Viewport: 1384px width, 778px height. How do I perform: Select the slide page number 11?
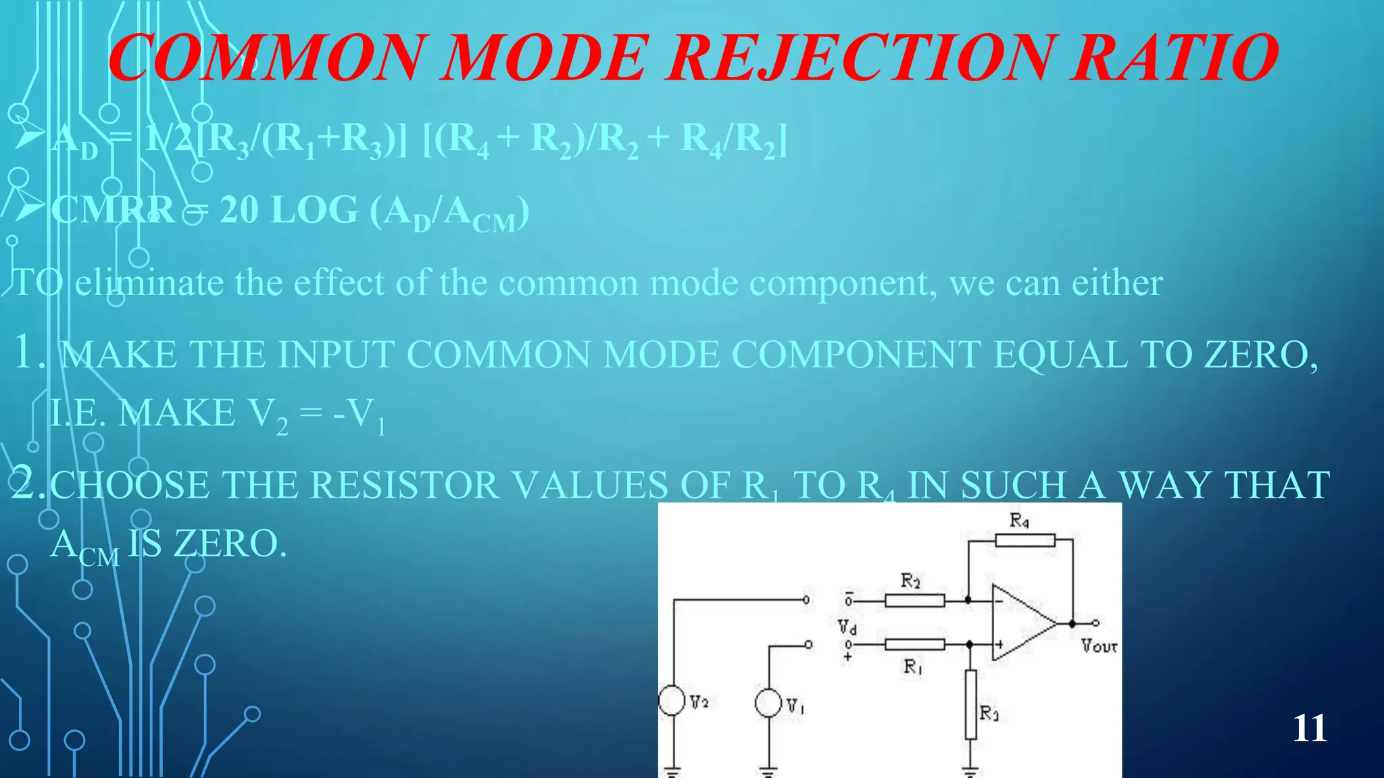tap(1309, 728)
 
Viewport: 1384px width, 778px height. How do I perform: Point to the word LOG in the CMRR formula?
tap(314, 210)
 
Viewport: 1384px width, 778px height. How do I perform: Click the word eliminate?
tap(149, 282)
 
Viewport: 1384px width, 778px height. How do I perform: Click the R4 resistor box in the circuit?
tap(1024, 540)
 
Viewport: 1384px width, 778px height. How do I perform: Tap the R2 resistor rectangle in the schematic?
tap(914, 600)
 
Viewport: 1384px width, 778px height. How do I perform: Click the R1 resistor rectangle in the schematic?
tap(914, 644)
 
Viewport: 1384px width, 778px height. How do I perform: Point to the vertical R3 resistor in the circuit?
tap(970, 704)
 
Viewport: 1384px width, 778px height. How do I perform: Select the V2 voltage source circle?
tap(672, 700)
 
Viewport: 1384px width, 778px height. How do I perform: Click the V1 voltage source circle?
tap(768, 702)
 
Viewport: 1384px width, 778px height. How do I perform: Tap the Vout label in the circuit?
tap(1099, 646)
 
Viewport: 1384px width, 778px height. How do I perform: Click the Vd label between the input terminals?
tap(847, 627)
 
